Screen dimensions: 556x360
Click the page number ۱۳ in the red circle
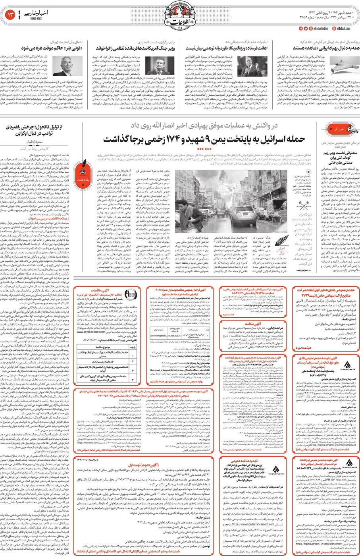[x=10, y=15]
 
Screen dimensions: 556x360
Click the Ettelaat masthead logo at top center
[x=179, y=17]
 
